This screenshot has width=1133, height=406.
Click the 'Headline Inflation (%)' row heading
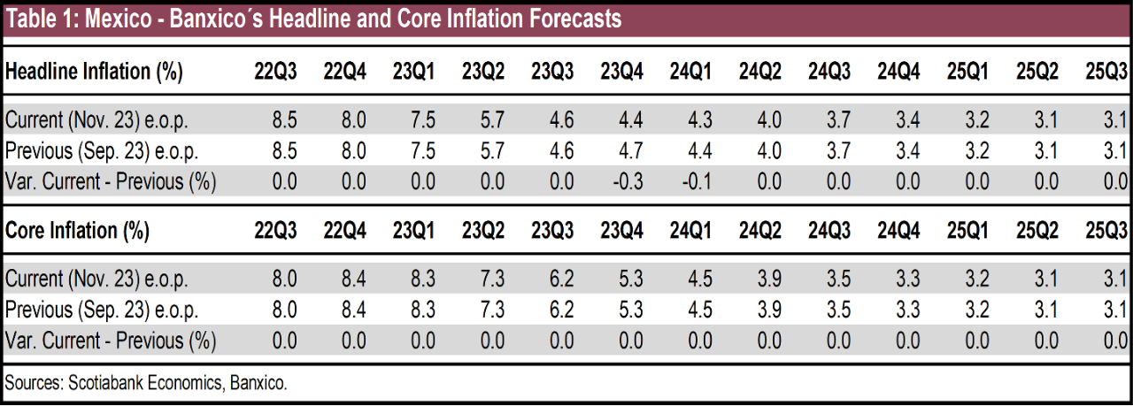(94, 73)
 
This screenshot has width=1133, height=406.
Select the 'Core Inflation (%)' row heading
(78, 232)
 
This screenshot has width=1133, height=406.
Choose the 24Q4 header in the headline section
(898, 73)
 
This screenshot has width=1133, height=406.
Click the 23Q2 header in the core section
(482, 232)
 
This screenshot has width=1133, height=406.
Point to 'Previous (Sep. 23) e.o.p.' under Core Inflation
(102, 310)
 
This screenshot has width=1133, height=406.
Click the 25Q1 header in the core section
(967, 232)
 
